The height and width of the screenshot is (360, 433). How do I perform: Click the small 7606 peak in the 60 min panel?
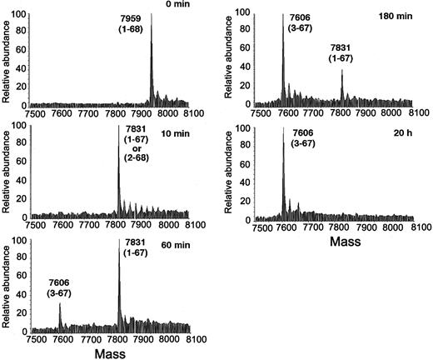[x=59, y=305]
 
